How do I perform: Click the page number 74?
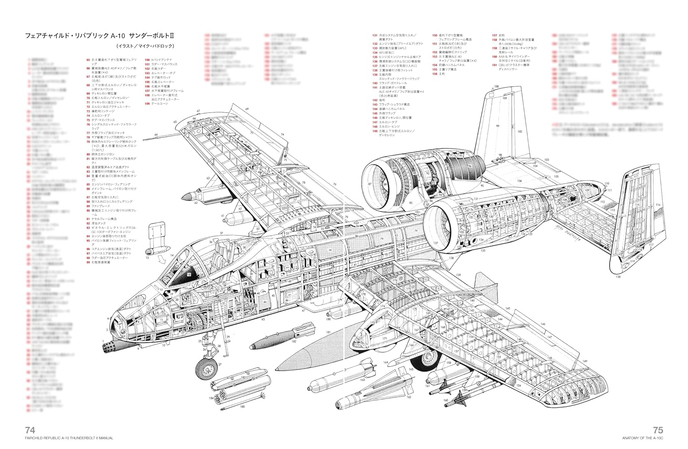tap(30, 430)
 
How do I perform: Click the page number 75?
tap(658, 430)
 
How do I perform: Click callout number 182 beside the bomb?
tap(294, 342)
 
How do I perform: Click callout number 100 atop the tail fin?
tap(496, 86)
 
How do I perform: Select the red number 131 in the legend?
tap(375, 35)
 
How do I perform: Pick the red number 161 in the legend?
tap(494, 65)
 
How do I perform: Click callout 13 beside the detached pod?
tap(147, 258)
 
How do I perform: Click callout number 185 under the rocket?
tap(243, 407)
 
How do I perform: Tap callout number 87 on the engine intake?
tap(370, 184)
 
